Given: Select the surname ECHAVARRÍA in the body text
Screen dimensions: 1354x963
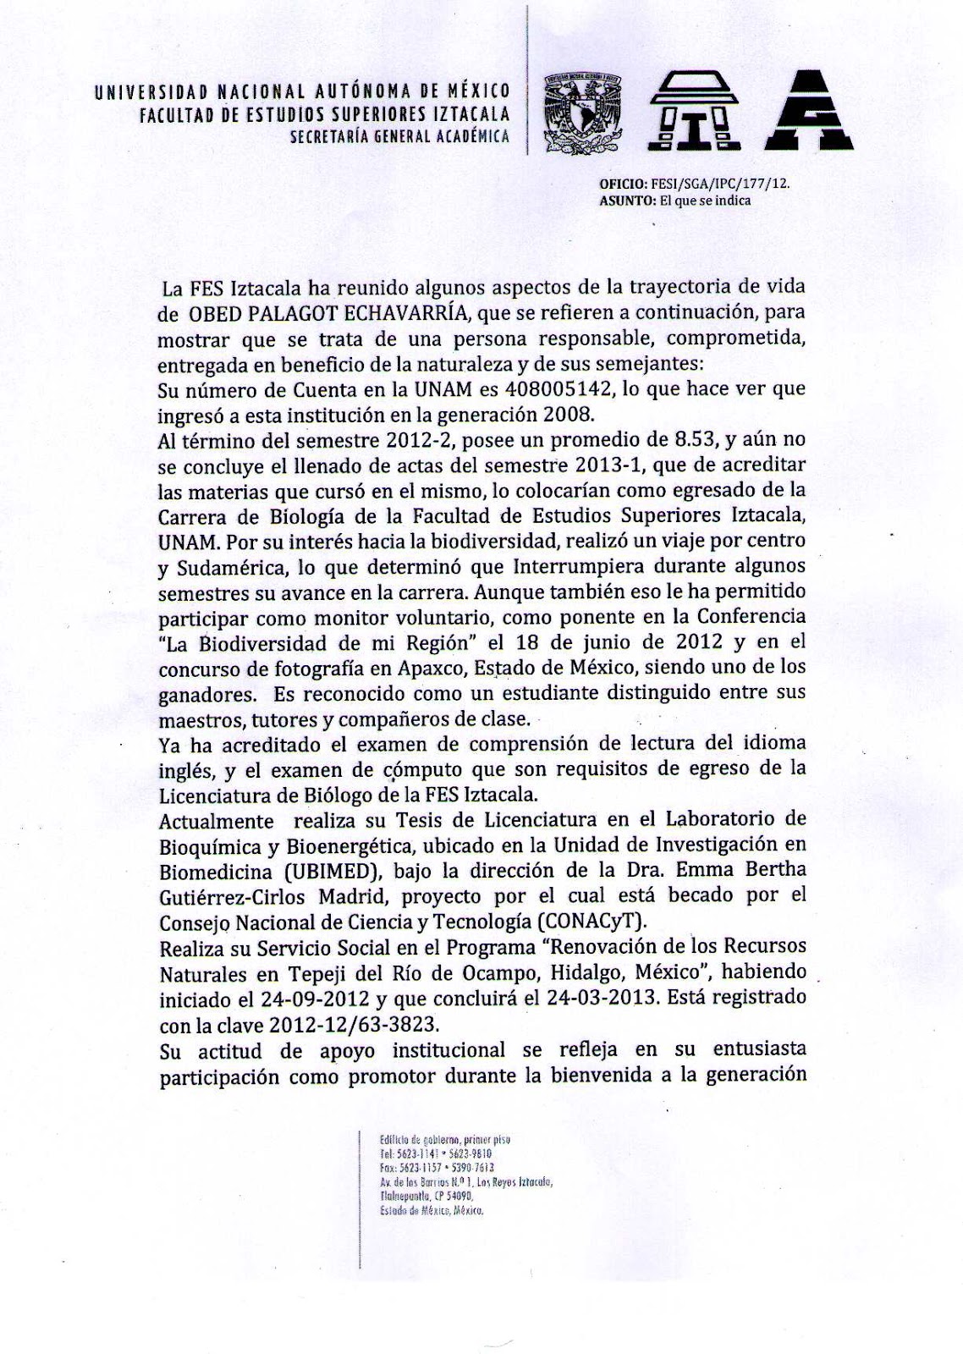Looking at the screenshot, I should coord(418,313).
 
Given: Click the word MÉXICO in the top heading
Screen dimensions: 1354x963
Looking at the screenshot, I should coord(479,91).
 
